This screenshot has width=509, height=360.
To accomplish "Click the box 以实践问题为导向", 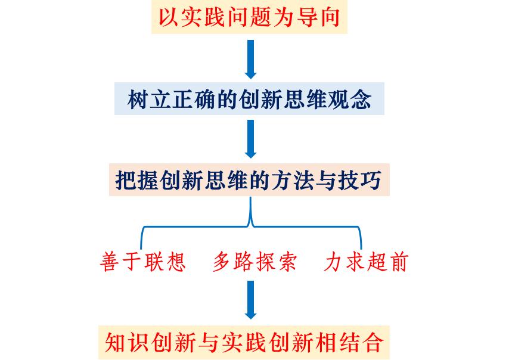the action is (x=249, y=17).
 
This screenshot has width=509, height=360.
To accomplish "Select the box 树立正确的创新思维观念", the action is (x=249, y=99).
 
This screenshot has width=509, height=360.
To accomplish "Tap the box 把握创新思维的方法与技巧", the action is (x=249, y=180).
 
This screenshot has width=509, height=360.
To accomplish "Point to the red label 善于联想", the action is (x=143, y=262).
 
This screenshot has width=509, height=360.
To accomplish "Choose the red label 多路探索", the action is (x=255, y=262).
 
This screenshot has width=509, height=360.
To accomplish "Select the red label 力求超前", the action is (x=366, y=262).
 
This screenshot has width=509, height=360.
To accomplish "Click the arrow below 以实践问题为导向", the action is (x=250, y=60).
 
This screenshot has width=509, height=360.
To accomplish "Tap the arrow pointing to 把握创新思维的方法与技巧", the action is (x=250, y=139).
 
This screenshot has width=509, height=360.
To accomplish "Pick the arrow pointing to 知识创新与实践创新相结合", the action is (x=250, y=300).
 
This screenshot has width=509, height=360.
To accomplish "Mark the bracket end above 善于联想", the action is (x=141, y=249).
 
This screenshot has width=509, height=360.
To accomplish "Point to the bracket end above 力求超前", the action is (x=361, y=249).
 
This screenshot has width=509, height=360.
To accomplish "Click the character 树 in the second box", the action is (x=138, y=99).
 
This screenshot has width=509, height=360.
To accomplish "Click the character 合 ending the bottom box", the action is (x=373, y=343).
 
